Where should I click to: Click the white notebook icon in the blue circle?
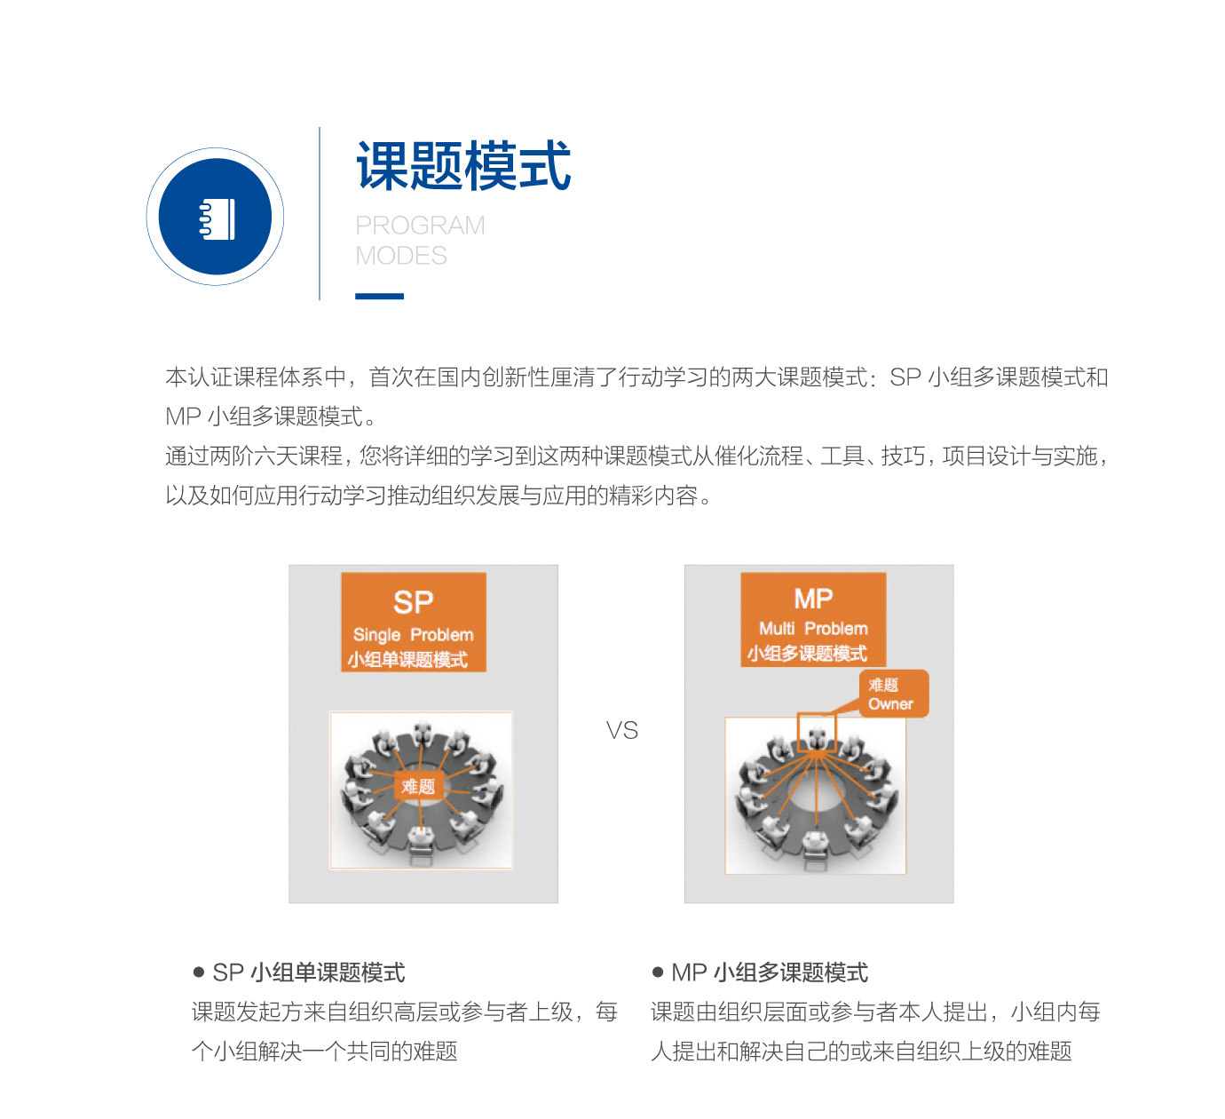217,218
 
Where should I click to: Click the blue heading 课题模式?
463,165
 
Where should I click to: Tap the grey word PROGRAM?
420,226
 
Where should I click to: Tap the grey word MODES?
400,256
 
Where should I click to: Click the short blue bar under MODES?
379,297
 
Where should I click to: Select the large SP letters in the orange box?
414,602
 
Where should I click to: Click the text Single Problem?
414,635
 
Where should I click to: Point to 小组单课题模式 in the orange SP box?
408,660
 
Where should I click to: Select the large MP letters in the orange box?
813,599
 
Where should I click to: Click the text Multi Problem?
813,629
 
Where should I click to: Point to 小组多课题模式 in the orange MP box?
807,654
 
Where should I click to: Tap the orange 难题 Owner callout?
893,694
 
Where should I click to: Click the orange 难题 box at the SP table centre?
418,786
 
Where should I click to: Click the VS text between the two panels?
621,731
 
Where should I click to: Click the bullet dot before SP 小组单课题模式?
199,972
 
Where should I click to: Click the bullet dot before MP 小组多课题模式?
658,972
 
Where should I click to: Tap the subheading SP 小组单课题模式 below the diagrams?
309,973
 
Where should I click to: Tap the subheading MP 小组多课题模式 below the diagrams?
770,973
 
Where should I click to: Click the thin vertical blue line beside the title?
320,213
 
